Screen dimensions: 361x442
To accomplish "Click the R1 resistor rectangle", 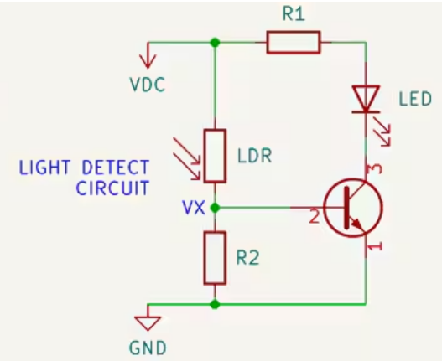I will pos(293,43).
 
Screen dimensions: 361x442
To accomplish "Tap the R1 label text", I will pos(292,13).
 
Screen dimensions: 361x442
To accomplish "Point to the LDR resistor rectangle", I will pos(216,155).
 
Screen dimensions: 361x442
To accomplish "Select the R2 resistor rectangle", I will pos(216,259).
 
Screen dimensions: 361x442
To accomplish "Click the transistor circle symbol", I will pos(353,207).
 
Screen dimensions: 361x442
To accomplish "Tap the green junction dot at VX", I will pos(216,207).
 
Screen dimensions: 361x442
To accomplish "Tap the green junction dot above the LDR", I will pos(216,42).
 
